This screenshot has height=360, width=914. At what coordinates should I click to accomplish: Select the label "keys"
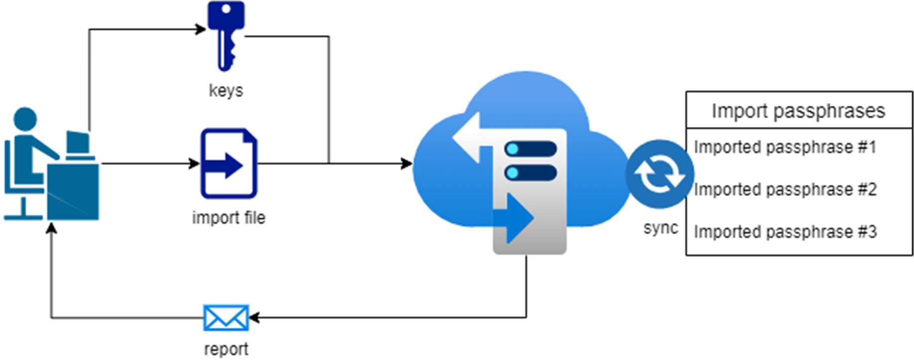click(226, 91)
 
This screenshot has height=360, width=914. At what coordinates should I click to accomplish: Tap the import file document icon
click(228, 163)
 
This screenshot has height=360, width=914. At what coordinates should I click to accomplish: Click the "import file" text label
click(228, 218)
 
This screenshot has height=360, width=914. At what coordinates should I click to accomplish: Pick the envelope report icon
click(226, 318)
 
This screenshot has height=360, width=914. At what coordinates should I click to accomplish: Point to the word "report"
click(226, 349)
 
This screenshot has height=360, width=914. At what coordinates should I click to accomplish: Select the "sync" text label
click(661, 228)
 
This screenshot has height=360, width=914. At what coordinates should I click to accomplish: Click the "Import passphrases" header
click(799, 111)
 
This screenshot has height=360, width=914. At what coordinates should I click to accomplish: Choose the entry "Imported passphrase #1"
click(785, 147)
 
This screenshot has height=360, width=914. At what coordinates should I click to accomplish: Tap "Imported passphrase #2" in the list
click(785, 189)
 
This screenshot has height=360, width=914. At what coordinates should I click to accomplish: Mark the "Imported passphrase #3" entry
click(785, 232)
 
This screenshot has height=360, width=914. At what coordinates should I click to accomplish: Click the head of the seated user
click(25, 120)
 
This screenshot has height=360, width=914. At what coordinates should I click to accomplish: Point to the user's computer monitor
click(78, 142)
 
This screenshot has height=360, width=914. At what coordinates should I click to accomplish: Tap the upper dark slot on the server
click(531, 149)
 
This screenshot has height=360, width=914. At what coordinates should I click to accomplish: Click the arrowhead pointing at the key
click(201, 29)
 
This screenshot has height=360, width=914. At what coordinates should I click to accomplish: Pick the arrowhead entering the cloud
click(407, 163)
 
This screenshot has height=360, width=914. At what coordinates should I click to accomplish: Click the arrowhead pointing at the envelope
click(254, 317)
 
